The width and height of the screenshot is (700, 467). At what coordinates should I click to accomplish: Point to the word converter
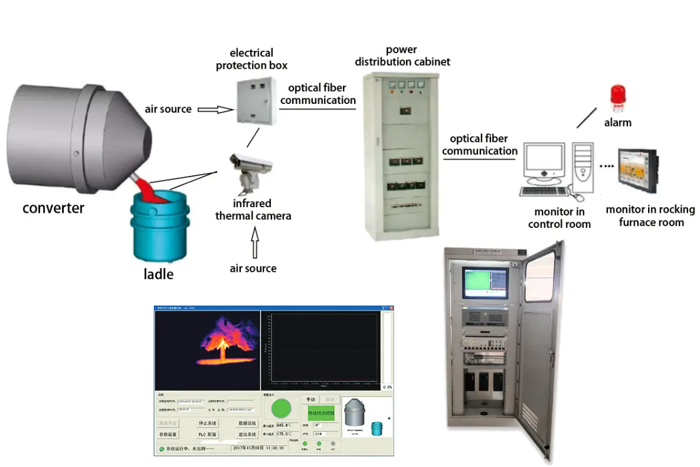53,207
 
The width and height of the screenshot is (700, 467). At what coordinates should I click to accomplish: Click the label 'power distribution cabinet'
402,56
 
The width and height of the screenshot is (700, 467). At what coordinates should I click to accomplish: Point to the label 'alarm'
617,123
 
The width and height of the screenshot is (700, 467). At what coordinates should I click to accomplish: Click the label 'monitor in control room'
559,218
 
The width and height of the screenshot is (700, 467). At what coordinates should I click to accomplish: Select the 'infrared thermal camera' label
253,210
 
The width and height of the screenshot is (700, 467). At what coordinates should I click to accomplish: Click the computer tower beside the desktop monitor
582,165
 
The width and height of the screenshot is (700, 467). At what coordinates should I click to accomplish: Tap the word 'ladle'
159,274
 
